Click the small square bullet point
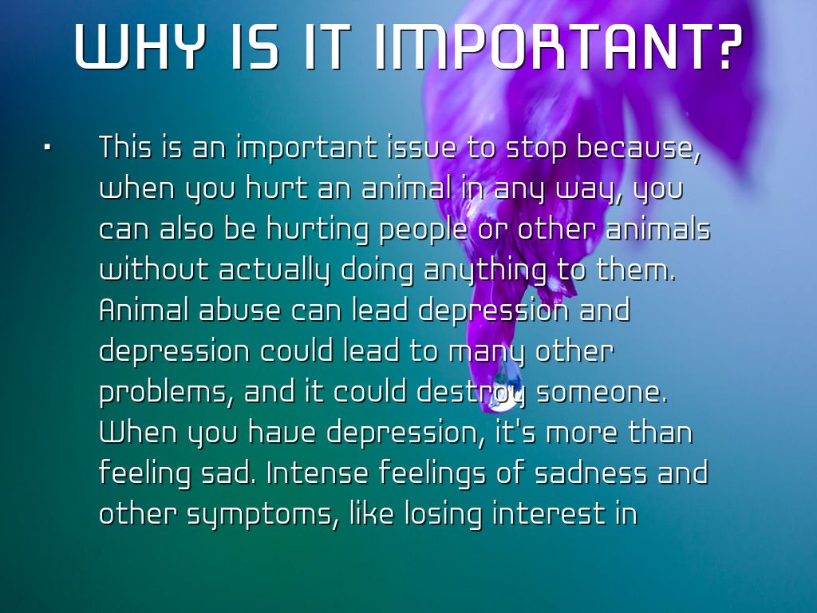[x=47, y=148]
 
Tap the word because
[x=637, y=148]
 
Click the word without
[x=153, y=270]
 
